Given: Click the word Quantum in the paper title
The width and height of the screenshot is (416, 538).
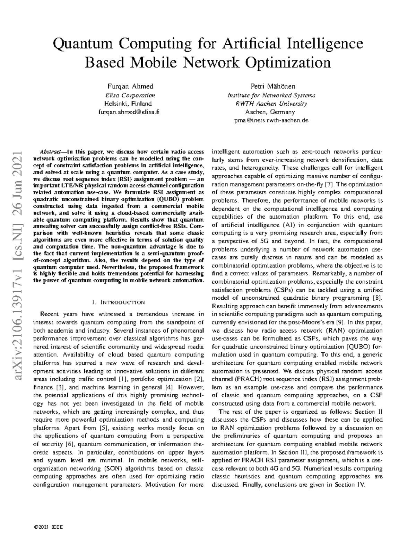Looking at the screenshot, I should [x=82, y=44].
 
